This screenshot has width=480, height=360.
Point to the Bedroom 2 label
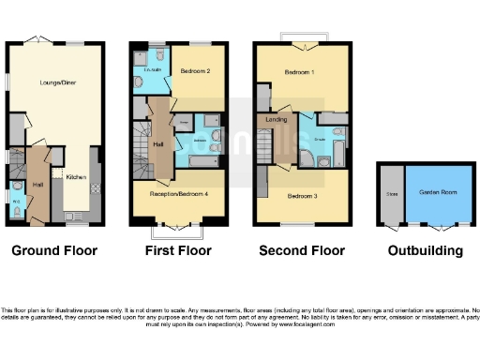point(194,71)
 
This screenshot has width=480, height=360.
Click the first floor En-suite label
point(150,70)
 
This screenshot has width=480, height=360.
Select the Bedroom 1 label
point(301,72)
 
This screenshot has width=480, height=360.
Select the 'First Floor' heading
point(178,251)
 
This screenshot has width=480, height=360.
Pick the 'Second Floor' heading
point(301,251)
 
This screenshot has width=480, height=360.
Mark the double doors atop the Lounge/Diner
point(36,41)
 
